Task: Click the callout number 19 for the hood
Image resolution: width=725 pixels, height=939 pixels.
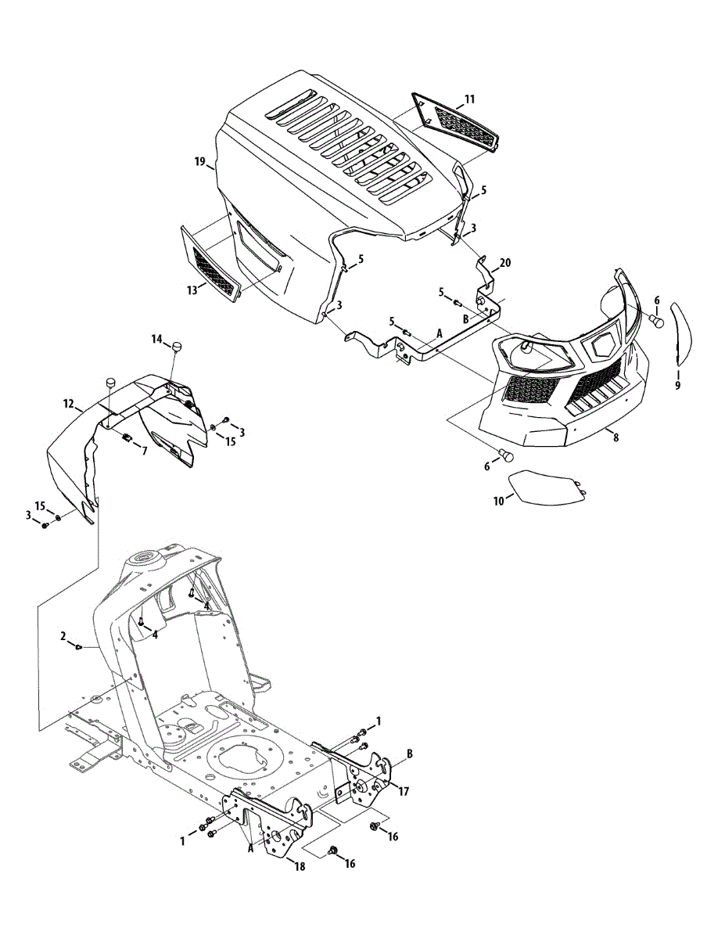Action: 200,162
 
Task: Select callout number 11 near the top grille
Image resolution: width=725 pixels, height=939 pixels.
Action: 469,99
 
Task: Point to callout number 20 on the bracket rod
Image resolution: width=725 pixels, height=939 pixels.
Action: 505,263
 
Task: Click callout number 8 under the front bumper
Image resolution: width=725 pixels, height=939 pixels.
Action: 616,437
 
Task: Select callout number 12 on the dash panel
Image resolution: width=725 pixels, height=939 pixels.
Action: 68,404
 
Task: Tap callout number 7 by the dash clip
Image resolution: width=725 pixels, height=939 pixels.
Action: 144,450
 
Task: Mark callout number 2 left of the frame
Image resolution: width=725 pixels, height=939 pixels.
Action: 63,636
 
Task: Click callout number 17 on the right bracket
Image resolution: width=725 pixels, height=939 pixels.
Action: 404,791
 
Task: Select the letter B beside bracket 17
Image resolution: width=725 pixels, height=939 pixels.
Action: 409,754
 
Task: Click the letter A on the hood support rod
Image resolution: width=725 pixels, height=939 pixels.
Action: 440,333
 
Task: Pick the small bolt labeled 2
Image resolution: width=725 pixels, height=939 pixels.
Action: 78,646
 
